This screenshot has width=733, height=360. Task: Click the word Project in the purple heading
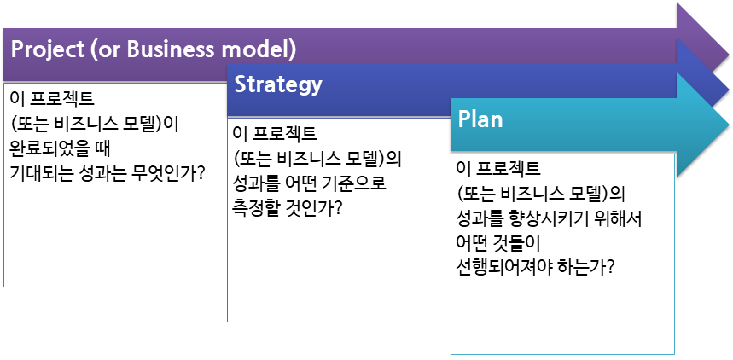(44, 49)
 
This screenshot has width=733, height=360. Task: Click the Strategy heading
(278, 84)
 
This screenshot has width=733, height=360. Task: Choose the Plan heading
(480, 119)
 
